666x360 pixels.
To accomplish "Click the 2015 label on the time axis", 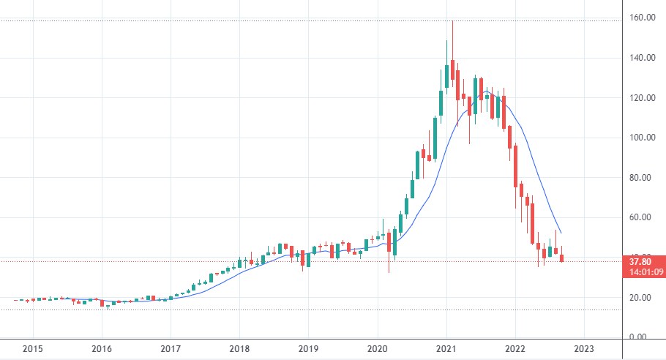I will tap(32, 349).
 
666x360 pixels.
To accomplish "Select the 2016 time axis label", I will tap(102, 349).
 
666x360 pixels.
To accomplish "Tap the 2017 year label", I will tap(171, 349).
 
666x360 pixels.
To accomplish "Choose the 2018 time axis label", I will tap(239, 349).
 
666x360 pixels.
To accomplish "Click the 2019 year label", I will tap(309, 349).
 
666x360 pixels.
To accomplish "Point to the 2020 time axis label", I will tap(378, 349).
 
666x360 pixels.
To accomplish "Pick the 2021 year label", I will tap(446, 349).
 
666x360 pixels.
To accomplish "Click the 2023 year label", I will tap(585, 349).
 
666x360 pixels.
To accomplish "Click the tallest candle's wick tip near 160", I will tap(453, 21).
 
